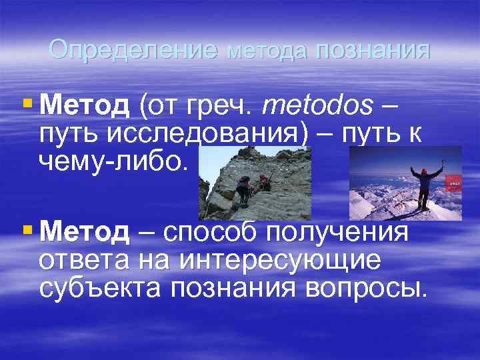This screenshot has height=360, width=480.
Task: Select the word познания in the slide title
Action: (374, 50)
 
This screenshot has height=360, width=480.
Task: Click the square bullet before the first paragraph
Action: (27, 103)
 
